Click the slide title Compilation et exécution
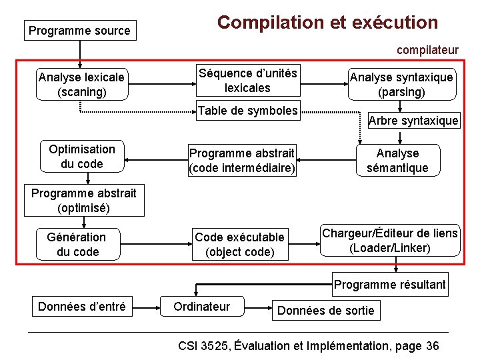coord(327,23)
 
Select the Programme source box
coord(79,31)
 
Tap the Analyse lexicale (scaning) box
coord(81,85)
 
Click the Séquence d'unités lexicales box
coord(247,80)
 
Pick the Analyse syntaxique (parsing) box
coord(401,85)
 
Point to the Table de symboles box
coord(247,111)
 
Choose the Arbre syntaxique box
coord(413,121)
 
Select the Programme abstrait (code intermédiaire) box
coord(242,161)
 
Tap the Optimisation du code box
coord(81,157)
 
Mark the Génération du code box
coord(77,244)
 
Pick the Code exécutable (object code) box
coord(239,244)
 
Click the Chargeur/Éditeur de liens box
coord(391,240)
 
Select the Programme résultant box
coord(390,285)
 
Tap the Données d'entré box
coord(81,307)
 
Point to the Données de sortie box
coord(326,310)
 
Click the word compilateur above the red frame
coord(427,50)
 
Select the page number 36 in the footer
coord(432,345)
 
